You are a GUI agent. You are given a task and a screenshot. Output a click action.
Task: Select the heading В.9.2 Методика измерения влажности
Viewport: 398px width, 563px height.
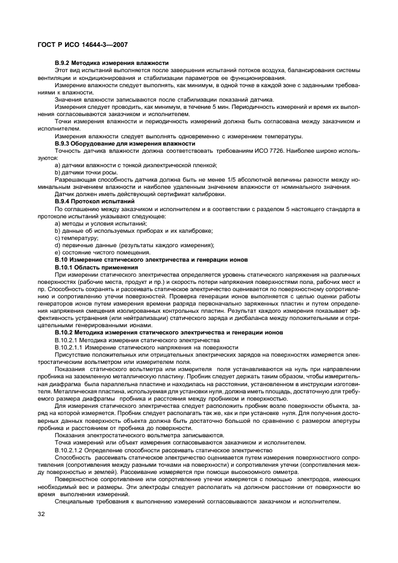coord(111,63)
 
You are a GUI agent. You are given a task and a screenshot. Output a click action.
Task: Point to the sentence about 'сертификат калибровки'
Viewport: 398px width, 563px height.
coord(140,194)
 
